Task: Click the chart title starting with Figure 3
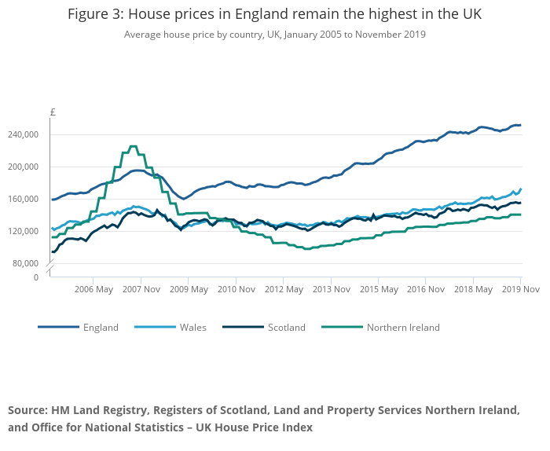(274, 14)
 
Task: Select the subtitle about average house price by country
(274, 35)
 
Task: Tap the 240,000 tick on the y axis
(24, 134)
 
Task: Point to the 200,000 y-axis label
(24, 167)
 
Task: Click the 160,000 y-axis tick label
(24, 199)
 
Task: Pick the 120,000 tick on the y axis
(24, 231)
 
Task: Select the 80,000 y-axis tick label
(26, 262)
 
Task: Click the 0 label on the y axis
(35, 277)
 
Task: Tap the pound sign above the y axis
(53, 112)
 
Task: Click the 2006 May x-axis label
(93, 289)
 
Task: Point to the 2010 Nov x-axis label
(236, 289)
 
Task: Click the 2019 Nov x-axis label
(521, 289)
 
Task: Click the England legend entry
(101, 328)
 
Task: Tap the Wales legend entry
(193, 328)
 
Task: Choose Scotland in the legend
(286, 328)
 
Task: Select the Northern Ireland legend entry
(403, 328)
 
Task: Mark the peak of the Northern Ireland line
(133, 146)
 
